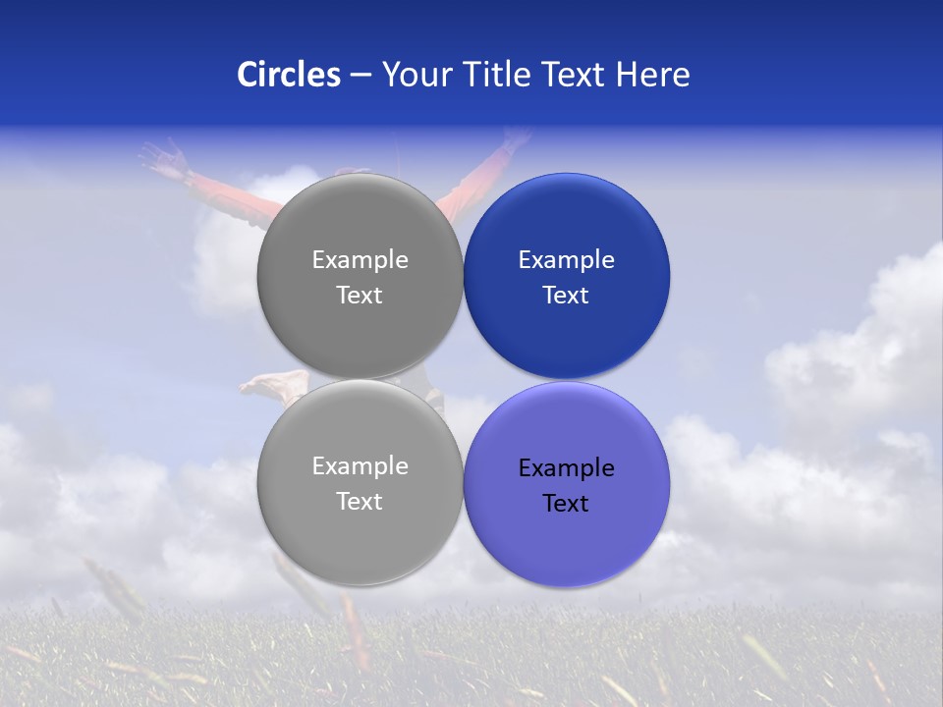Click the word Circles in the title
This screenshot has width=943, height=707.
pos(288,75)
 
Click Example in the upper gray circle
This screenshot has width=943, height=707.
pos(360,260)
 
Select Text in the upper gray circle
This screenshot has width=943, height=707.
pos(360,296)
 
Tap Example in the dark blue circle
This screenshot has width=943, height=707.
pos(566,260)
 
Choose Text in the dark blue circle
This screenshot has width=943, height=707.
pos(566,296)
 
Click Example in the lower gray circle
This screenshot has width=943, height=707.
pos(360,466)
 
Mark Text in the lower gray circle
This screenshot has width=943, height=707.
pos(360,502)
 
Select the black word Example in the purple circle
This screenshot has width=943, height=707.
pos(566,468)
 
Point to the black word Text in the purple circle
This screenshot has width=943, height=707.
pos(566,504)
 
